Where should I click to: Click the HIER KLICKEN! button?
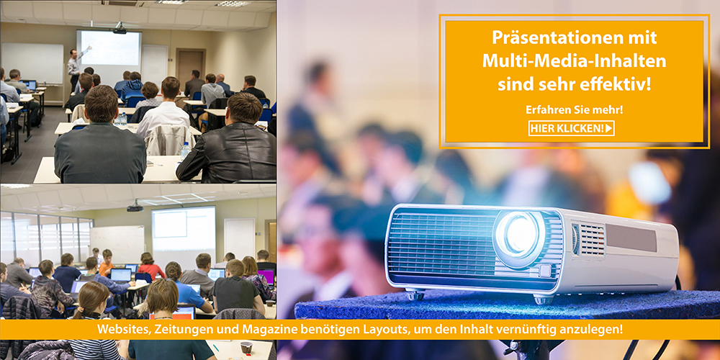(x=571, y=128)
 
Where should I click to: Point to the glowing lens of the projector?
(x=518, y=233)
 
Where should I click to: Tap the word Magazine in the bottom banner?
(x=266, y=330)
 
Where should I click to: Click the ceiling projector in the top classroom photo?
(x=120, y=30)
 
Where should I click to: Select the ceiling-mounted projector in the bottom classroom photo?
(x=135, y=207)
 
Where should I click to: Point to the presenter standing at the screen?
(x=75, y=68)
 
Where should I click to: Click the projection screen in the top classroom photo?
(x=109, y=48)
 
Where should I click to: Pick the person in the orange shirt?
(x=107, y=263)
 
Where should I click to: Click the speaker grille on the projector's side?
(x=593, y=240)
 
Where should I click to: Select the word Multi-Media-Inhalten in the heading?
(x=574, y=61)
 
